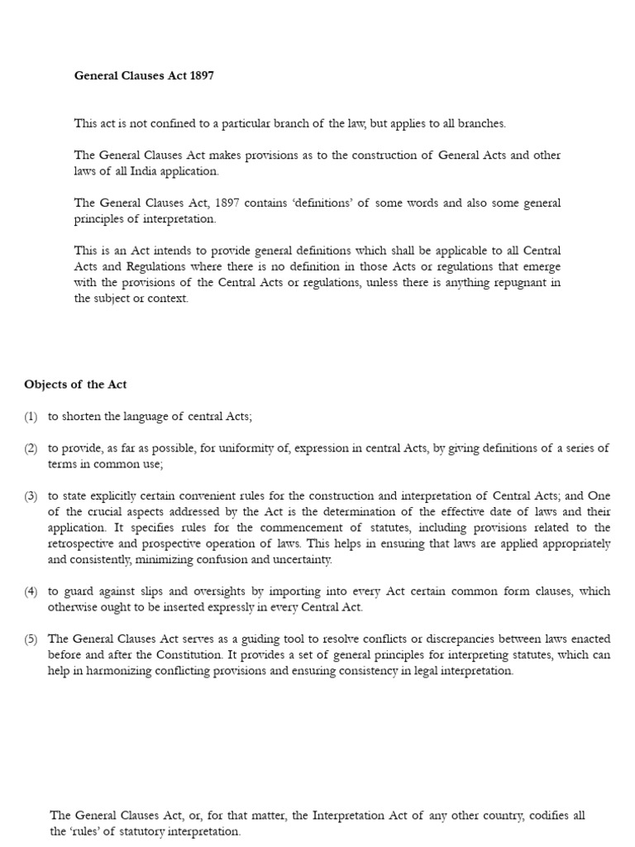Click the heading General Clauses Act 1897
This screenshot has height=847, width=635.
[144, 75]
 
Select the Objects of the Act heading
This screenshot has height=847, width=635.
[75, 385]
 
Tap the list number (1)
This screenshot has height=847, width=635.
[31, 417]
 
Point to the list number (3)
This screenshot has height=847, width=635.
[31, 496]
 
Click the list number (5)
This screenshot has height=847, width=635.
[31, 639]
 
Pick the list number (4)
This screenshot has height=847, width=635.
[31, 591]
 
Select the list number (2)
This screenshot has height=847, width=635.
[31, 448]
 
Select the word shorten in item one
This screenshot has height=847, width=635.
[81, 417]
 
